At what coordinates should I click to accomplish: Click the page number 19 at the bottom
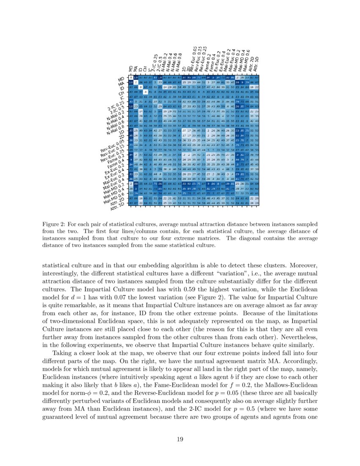coord(180,439)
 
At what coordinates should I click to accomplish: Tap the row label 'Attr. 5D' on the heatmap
coord(119,206)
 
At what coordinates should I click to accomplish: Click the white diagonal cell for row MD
coord(131,78)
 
